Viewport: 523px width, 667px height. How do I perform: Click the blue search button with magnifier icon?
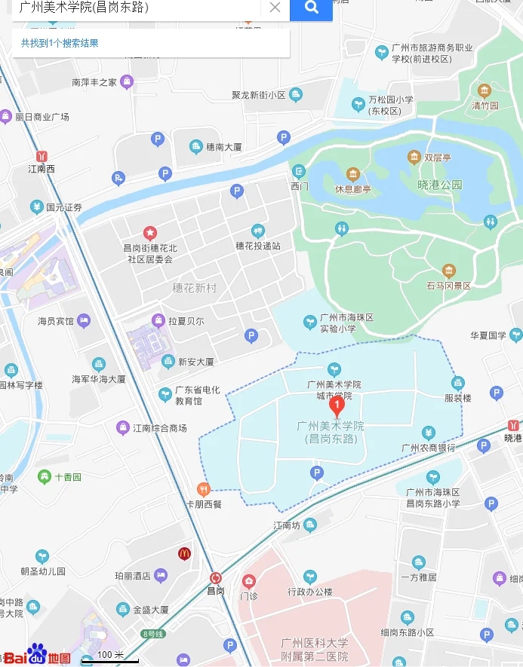click(x=311, y=8)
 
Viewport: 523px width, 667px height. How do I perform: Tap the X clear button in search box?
click(x=275, y=8)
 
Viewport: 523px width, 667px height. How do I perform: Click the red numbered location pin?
click(x=338, y=404)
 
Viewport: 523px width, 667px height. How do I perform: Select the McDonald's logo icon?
click(x=184, y=553)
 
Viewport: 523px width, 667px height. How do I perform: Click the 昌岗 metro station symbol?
click(x=217, y=577)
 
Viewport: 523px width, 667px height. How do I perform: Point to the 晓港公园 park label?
click(x=439, y=185)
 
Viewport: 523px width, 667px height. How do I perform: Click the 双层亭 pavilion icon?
click(x=414, y=157)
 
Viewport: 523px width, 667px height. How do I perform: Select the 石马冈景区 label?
click(x=448, y=286)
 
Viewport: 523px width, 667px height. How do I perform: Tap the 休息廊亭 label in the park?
click(x=352, y=189)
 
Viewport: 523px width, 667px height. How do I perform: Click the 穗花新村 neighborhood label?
click(x=194, y=288)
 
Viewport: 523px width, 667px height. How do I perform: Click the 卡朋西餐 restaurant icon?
click(x=202, y=488)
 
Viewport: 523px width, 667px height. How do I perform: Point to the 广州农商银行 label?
click(x=428, y=448)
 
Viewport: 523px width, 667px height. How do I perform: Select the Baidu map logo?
click(x=37, y=656)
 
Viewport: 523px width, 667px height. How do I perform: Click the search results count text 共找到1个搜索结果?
click(x=60, y=44)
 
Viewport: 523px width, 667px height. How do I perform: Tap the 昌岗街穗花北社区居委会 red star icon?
click(x=150, y=232)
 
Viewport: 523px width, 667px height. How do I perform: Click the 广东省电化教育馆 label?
click(x=197, y=395)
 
